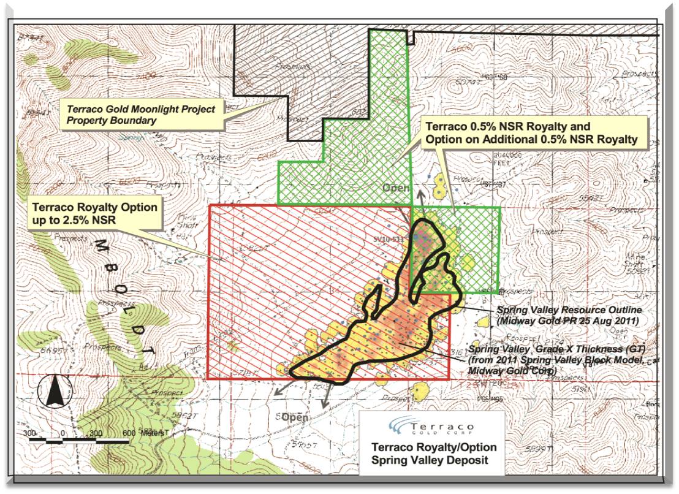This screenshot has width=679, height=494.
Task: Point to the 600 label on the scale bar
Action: pyautogui.click(x=129, y=432)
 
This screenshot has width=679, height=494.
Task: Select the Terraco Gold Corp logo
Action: pyautogui.click(x=431, y=427)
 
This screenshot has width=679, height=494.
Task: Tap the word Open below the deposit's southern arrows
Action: pyautogui.click(x=295, y=417)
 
